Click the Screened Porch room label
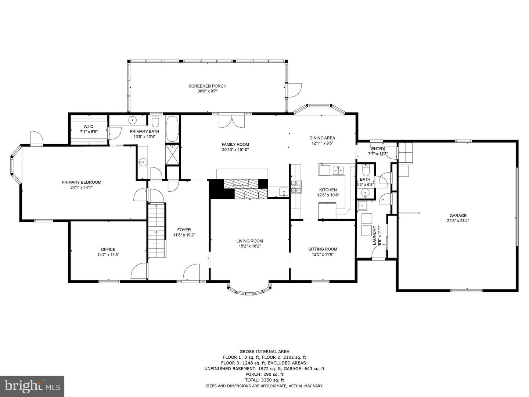pyautogui.click(x=207, y=86)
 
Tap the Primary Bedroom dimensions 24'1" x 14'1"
pyautogui.click(x=82, y=187)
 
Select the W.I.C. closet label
pyautogui.click(x=89, y=127)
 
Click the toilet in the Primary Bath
pyautogui.click(x=155, y=121)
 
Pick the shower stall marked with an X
pyautogui.click(x=173, y=154)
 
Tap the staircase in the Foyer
pyautogui.click(x=156, y=230)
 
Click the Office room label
pyautogui.click(x=108, y=249)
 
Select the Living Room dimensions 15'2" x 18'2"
pyautogui.click(x=249, y=246)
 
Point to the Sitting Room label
pyautogui.click(x=323, y=249)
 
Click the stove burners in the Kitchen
pyautogui.click(x=296, y=187)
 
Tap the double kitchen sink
pyautogui.click(x=339, y=170)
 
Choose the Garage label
pyautogui.click(x=458, y=216)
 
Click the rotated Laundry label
pyautogui.click(x=374, y=235)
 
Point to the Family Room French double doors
pyautogui.click(x=231, y=121)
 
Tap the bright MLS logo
pyautogui.click(x=32, y=386)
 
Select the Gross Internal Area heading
pyautogui.click(x=264, y=352)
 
